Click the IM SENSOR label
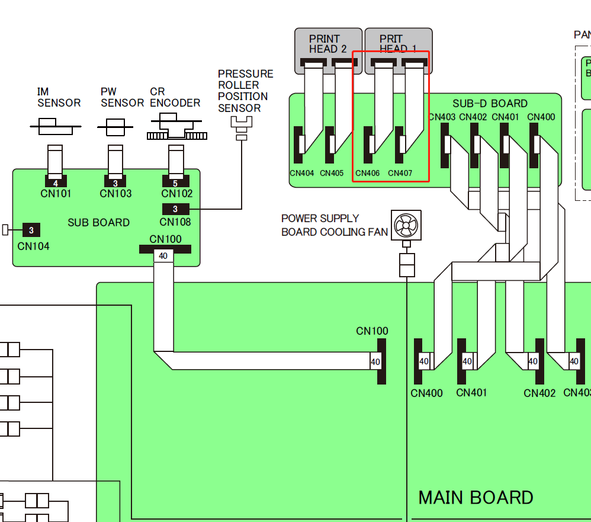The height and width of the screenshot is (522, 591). pos(59,97)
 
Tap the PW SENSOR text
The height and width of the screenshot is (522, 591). pos(122,97)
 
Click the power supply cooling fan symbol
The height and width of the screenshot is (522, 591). pos(406,225)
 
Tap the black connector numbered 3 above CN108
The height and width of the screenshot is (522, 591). pos(175,209)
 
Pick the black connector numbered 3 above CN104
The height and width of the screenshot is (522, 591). pos(31,229)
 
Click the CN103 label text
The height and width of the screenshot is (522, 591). pos(115,194)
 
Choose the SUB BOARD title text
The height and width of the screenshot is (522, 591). pos(98,223)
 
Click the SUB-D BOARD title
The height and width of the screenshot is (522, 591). pos(490,104)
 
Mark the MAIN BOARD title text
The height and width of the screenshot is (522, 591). pos(476,498)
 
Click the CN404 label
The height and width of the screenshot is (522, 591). pos(302,174)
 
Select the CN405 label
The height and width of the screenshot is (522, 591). pos(332,174)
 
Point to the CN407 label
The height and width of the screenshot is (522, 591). pos(400,174)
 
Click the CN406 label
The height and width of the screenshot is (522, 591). pos(367,174)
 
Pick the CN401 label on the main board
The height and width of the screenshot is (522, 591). pos(472,392)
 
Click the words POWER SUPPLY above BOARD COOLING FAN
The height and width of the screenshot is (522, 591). pos(320,219)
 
